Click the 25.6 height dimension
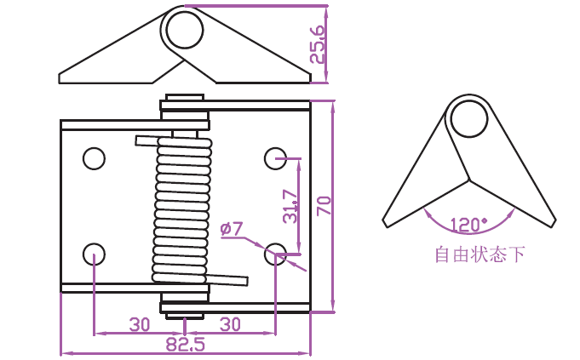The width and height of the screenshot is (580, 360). coord(318,44)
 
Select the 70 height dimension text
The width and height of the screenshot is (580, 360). coord(324,206)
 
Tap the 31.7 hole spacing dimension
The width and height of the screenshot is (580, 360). coord(290,207)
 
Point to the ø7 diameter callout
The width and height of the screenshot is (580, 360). coord(231,229)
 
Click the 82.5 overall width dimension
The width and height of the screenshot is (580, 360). coord(185,345)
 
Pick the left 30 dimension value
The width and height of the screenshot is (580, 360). coord(140,325)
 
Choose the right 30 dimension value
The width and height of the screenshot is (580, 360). coord(230,325)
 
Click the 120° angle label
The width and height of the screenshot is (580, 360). coord(468,225)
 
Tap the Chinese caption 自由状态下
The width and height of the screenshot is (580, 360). coord(480,254)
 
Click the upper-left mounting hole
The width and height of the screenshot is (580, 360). coord(94,158)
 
